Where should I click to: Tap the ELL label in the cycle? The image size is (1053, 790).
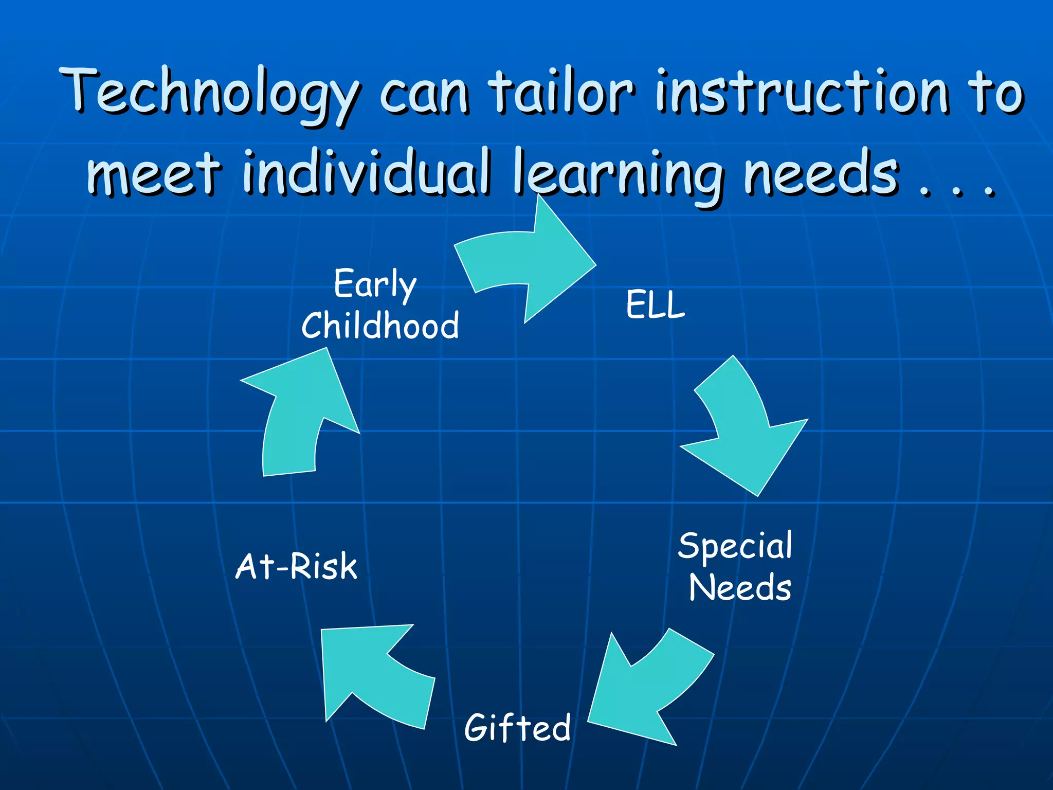(655, 304)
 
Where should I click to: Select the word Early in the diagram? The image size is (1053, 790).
(375, 284)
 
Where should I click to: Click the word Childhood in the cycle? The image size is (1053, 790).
(380, 326)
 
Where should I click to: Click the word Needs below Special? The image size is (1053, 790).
(740, 587)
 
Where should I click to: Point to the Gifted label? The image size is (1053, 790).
(517, 727)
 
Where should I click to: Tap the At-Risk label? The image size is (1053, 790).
(296, 566)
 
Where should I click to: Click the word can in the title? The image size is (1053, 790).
(424, 95)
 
